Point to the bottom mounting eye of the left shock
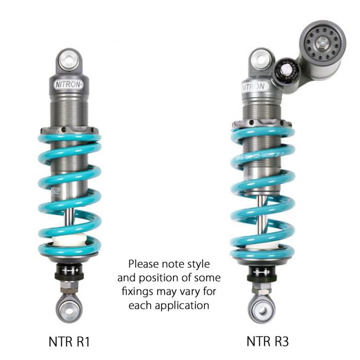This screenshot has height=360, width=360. (69, 309)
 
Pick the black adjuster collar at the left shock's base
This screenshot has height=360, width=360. (69, 271)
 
